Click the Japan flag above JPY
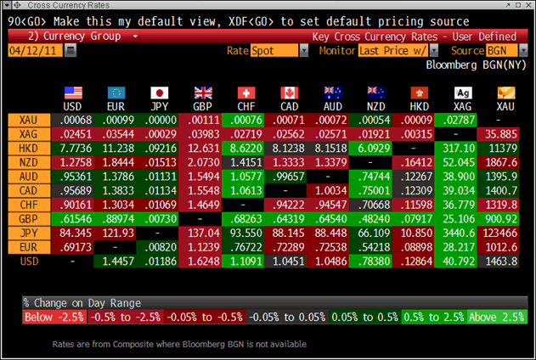(x=159, y=93)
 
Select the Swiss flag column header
(x=245, y=93)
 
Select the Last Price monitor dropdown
(x=392, y=51)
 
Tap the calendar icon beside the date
(x=71, y=51)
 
